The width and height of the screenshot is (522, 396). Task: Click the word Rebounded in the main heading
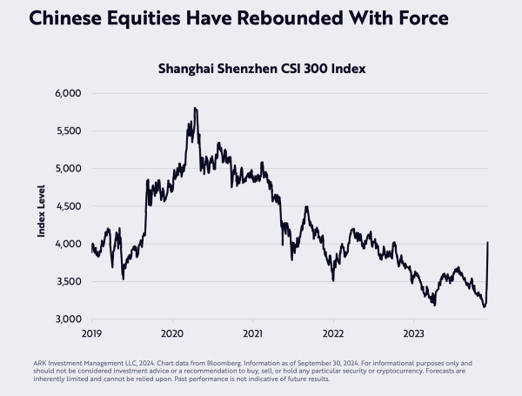point(262,17)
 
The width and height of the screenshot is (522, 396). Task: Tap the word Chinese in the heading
point(57,17)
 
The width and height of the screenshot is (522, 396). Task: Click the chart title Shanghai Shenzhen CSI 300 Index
point(261,68)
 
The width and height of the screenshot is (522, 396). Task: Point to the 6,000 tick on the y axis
point(67,93)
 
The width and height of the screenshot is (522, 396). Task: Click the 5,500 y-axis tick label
point(67,131)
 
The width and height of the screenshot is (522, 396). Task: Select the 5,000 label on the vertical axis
point(67,168)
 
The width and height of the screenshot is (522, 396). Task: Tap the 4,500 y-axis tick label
point(67,206)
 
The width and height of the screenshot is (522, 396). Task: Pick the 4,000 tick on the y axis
point(67,244)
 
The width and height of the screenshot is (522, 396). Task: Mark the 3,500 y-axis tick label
point(67,282)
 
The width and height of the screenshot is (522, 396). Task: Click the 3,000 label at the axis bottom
point(67,319)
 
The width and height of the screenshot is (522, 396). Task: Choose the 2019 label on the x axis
point(91,333)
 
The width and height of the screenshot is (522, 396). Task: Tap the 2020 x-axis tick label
point(172,333)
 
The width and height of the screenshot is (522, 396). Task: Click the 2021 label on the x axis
point(252,333)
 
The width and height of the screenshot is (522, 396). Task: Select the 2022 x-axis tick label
point(333,333)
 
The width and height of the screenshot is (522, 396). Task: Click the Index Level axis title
point(41,206)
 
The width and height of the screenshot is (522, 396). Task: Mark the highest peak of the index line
point(195,108)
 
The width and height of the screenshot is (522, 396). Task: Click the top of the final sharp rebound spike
point(487,242)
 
